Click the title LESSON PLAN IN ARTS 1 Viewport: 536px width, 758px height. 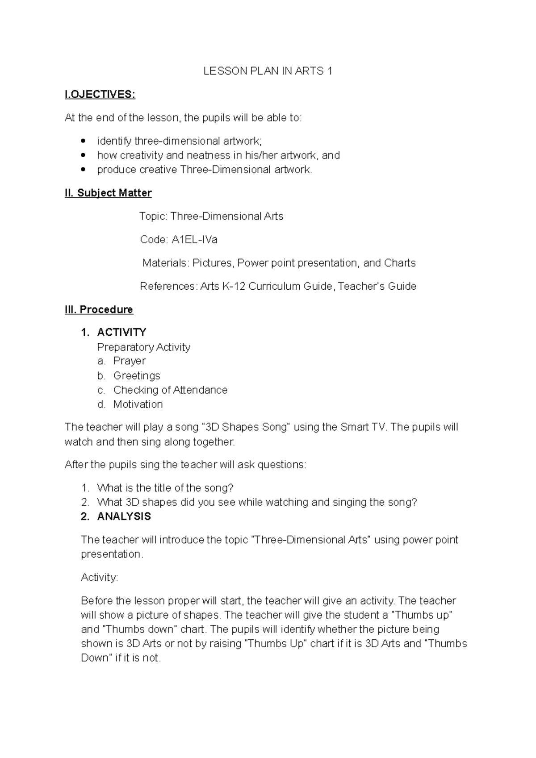coord(268,71)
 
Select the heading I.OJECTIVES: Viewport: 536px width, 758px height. coord(100,94)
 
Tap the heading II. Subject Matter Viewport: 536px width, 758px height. coord(108,193)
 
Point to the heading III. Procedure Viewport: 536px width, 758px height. coord(99,309)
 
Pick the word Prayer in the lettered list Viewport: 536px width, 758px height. coord(130,361)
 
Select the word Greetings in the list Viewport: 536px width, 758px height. coord(137,375)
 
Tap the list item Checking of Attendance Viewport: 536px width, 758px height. coord(170,390)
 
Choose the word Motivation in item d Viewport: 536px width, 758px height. coord(138,404)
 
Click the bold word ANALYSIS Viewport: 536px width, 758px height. coord(124,516)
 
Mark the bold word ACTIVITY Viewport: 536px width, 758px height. coord(121,332)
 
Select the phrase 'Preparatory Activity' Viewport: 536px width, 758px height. coord(143,347)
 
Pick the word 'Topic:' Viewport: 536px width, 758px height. coord(153,217)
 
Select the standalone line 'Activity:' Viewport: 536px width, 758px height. coord(99,577)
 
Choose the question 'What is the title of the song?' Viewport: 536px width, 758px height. coord(165,488)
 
